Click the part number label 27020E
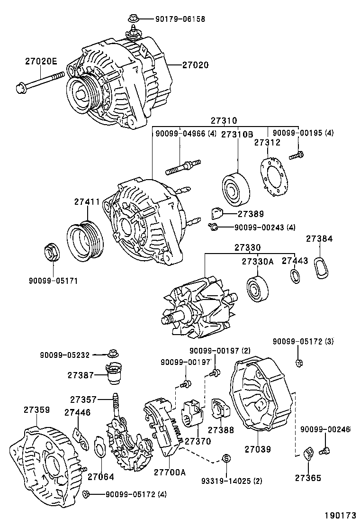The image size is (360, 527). coord(41,61)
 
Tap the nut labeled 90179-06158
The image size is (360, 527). coord(132,19)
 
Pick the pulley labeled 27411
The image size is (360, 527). coord(82,241)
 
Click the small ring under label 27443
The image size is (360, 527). coord(295,277)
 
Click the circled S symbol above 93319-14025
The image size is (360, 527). coord(226,458)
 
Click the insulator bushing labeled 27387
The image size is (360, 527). coord(113,375)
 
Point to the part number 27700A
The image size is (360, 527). coord(170,472)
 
